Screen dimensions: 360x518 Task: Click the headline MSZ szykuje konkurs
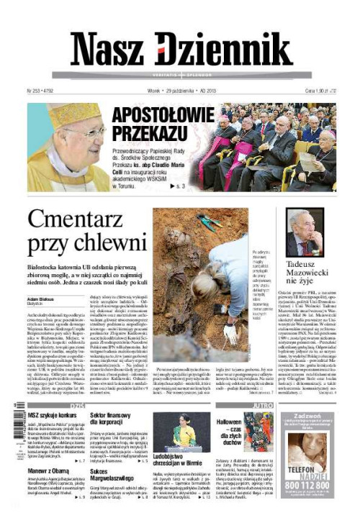tap(52, 417)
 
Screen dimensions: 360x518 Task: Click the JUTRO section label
tap(261, 405)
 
